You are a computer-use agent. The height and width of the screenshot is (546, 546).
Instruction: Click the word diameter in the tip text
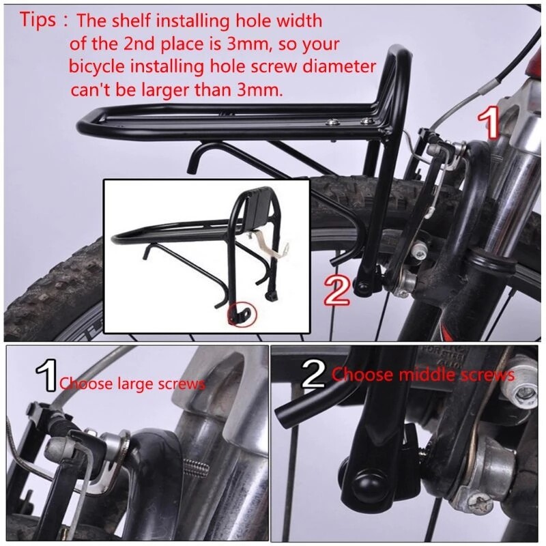[337, 67]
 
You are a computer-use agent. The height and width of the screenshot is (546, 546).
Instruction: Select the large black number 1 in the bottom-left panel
[46, 377]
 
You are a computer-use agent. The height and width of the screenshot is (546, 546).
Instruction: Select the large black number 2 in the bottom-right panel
[314, 376]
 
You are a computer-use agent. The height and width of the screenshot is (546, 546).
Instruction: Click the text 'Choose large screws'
[131, 384]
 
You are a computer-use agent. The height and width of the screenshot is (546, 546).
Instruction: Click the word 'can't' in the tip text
[89, 90]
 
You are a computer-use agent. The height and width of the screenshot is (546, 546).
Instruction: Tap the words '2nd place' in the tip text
[139, 44]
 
